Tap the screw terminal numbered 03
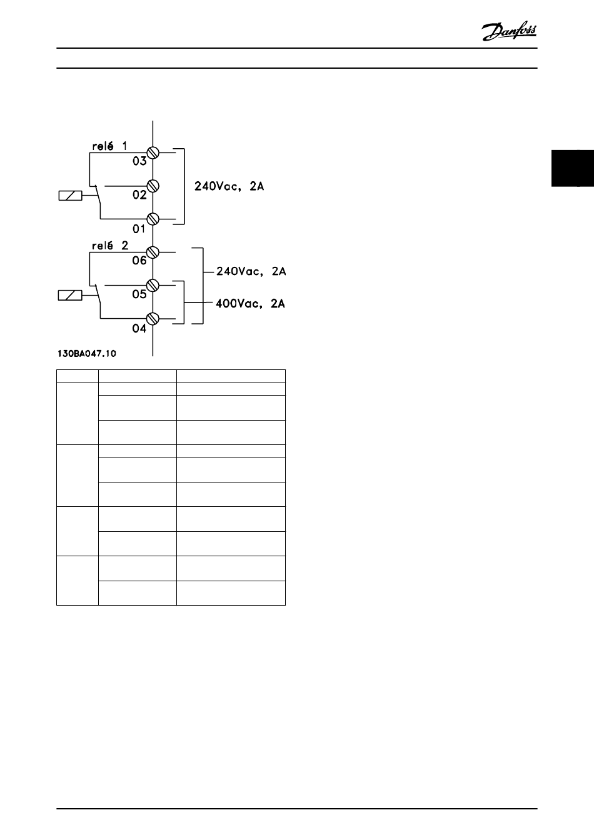153,152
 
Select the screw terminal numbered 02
153,186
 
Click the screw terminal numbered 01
153,219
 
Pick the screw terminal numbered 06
153,252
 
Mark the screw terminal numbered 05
153,286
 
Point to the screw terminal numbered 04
153,319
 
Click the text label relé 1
109,146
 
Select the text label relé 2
109,246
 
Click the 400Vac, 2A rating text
250,304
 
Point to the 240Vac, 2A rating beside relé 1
229,186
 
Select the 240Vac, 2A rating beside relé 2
251,272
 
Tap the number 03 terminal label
139,161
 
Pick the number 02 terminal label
139,195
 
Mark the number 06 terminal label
139,261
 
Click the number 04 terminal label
139,328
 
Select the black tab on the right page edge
572,167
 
